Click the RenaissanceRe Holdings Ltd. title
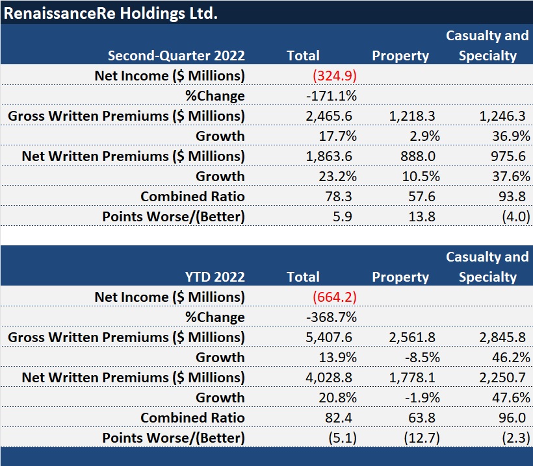[110, 12]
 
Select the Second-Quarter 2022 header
[176, 56]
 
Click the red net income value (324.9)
[335, 76]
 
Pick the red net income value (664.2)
[335, 297]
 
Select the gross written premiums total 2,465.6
[329, 116]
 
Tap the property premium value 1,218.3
[416, 116]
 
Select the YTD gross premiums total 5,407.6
[329, 337]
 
